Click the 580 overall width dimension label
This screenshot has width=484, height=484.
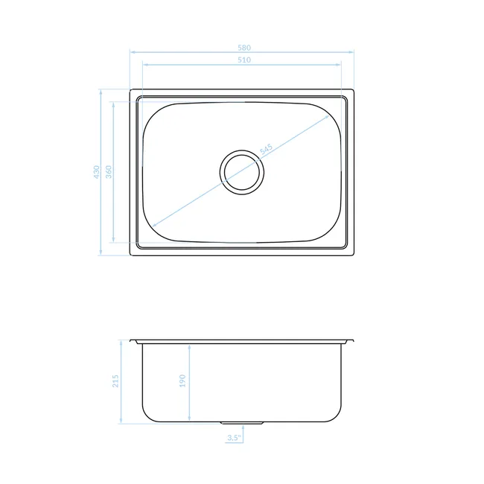point(244,48)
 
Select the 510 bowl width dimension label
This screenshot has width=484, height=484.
point(244,60)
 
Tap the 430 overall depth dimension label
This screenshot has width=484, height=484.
point(97,172)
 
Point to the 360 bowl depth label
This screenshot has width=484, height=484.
point(109,172)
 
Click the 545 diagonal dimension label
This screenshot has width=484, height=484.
point(266,149)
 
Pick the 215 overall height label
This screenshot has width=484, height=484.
point(115,381)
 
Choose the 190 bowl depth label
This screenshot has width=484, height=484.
point(182,381)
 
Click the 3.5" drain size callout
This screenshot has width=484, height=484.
point(234,437)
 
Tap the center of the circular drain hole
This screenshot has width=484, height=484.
point(242,172)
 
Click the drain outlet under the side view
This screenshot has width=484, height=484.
point(242,423)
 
